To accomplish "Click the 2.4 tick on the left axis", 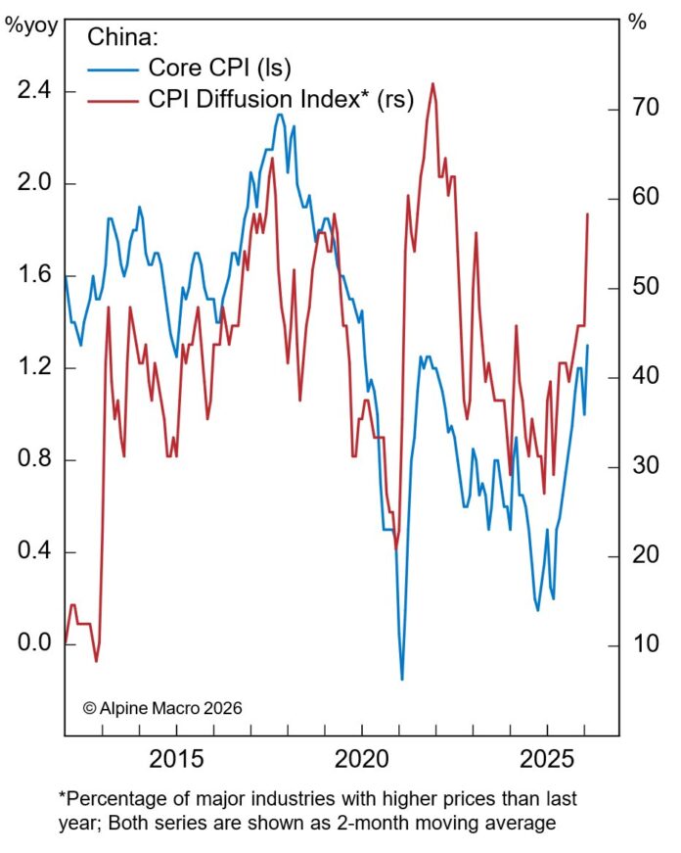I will click(33, 92).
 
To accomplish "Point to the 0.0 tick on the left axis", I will click(33, 644).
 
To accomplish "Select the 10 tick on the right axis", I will click(638, 645).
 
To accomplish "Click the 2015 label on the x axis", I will click(176, 760).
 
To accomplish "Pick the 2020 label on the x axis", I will click(361, 760).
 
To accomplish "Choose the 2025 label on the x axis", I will click(546, 760).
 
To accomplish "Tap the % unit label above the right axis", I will click(637, 24).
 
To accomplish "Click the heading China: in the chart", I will click(122, 37).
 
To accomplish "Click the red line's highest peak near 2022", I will click(432, 83).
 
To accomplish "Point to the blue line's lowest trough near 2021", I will click(401, 679).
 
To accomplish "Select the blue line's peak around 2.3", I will click(280, 115).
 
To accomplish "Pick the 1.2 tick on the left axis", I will click(33, 368).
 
